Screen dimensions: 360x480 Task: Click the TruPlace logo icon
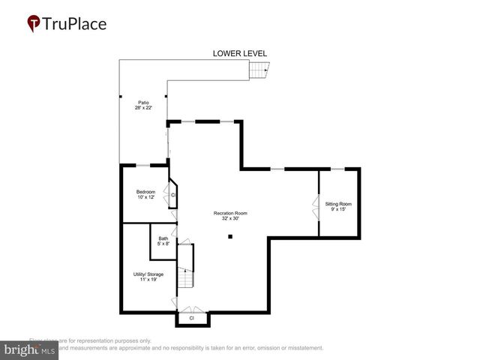34,23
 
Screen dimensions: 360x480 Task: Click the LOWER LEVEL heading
239,53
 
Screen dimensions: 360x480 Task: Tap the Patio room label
142,103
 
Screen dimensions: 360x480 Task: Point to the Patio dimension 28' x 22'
142,108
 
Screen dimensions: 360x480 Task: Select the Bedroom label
145,192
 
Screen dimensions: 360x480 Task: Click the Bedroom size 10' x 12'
145,198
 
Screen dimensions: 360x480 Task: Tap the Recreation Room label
229,213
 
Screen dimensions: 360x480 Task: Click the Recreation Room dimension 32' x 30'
229,219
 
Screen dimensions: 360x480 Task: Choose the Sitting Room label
337,204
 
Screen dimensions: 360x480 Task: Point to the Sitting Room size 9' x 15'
337,210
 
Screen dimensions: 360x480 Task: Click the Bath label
163,238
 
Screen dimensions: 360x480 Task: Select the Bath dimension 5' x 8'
163,244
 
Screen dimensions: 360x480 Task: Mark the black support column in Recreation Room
230,237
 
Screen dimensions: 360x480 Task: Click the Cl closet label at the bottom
191,318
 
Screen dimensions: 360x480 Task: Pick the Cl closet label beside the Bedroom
173,195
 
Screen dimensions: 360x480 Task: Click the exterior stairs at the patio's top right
259,70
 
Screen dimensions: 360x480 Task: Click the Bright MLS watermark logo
29,350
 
